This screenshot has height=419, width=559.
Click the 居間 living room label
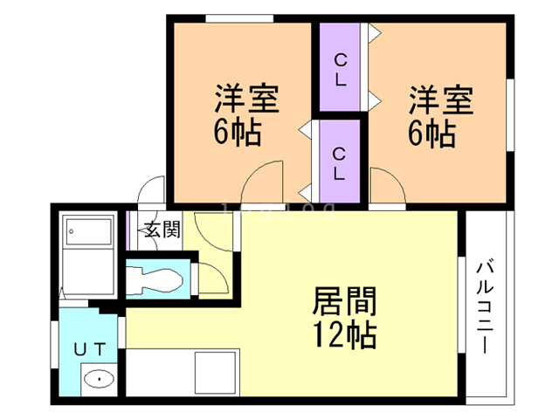click(344, 302)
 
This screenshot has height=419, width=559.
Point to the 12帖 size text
click(344, 334)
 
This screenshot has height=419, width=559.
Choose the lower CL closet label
click(340, 162)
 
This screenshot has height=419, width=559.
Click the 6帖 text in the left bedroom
click(238, 134)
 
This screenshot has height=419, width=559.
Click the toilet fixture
click(157, 280)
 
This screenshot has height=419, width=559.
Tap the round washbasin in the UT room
click(99, 380)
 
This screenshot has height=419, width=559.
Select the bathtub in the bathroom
click(88, 234)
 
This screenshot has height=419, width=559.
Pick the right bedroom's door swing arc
click(387, 183)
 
